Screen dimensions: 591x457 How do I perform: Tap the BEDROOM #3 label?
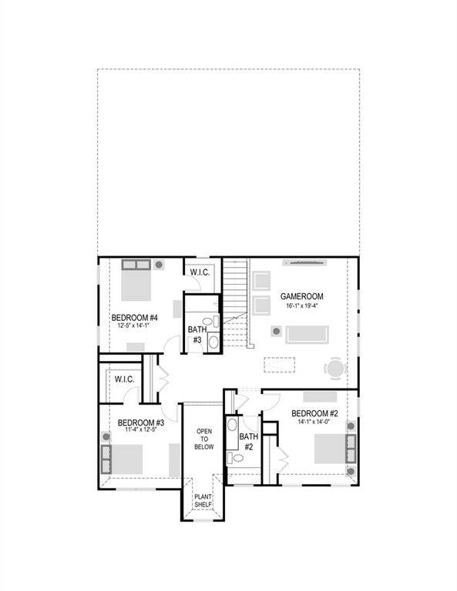(140, 422)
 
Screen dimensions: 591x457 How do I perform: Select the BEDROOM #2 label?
(314, 414)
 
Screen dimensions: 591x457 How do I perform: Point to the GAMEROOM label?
(301, 296)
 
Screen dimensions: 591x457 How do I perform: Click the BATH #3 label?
(196, 335)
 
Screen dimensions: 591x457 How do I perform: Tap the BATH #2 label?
(247, 442)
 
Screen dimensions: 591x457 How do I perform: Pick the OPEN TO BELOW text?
(203, 439)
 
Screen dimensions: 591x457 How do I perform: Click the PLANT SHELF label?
(203, 501)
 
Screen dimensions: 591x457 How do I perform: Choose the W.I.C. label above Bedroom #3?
(125, 379)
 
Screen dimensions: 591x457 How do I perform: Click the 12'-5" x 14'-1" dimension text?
(134, 326)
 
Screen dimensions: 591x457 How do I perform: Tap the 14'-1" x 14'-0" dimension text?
(314, 422)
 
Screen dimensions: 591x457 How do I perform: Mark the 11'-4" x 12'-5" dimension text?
(140, 432)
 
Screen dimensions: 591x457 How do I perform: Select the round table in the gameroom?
(334, 369)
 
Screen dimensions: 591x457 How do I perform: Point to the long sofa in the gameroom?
(307, 335)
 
